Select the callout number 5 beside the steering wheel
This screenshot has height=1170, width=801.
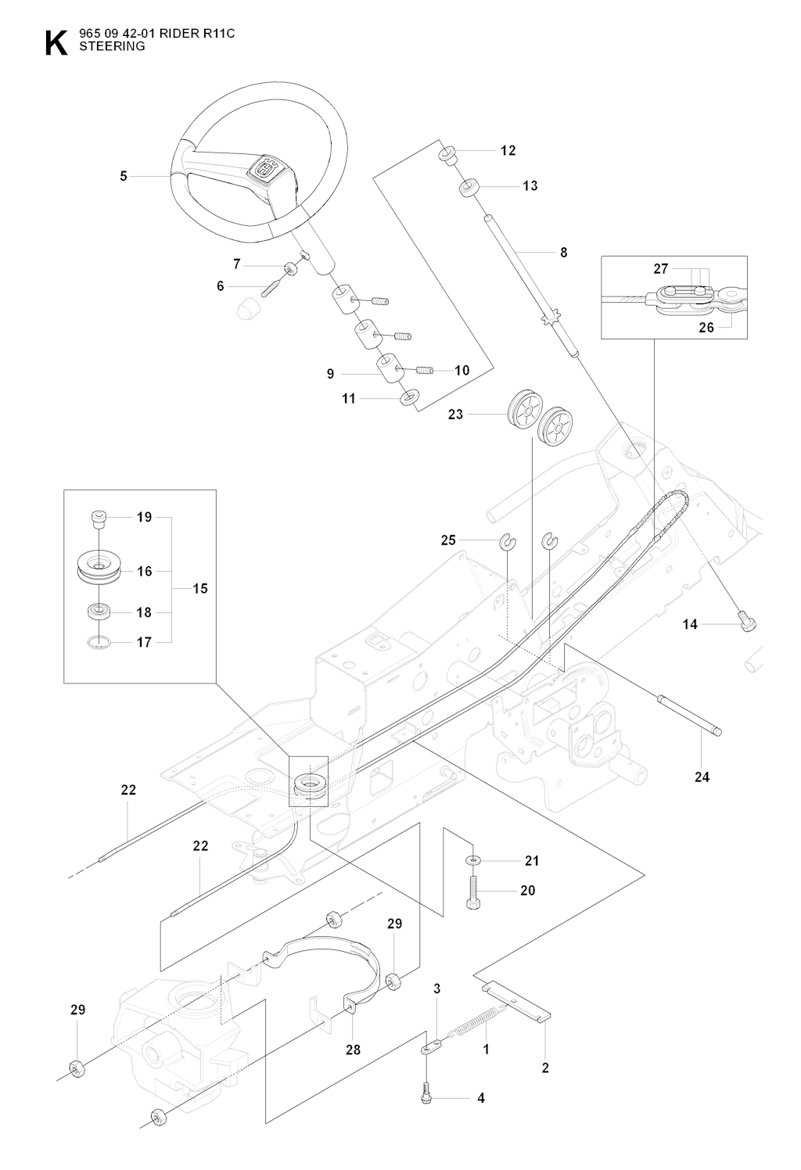(x=124, y=177)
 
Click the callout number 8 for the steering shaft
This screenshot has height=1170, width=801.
(x=563, y=253)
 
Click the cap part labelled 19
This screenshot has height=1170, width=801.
(x=98, y=517)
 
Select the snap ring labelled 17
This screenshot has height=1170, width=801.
(x=98, y=643)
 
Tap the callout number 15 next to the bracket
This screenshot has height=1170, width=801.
(x=200, y=588)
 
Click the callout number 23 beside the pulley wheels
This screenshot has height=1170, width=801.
(x=455, y=415)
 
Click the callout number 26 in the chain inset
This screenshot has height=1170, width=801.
(x=706, y=328)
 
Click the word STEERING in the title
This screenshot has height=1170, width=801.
(x=112, y=46)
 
